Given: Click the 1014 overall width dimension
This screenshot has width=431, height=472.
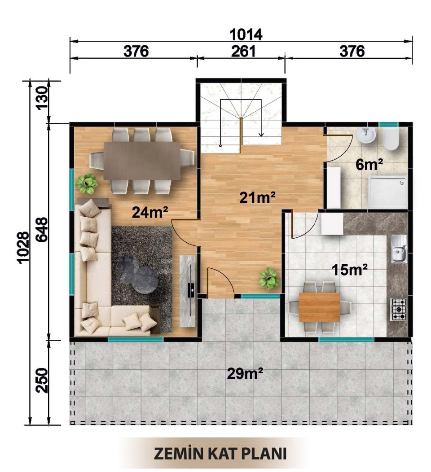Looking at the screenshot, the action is (246, 35).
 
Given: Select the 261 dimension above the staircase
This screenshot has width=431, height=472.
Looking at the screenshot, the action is (243, 51).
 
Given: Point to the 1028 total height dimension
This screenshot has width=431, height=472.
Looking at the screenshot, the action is (23, 248).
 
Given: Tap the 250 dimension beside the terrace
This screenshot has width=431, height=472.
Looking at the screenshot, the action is (42, 380).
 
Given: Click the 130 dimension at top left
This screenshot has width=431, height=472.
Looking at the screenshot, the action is (42, 98).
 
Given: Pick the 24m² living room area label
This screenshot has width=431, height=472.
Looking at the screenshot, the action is (150, 213).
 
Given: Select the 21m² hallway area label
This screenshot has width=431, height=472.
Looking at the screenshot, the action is (258, 198).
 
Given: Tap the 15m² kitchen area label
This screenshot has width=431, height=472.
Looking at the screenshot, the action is (349, 270).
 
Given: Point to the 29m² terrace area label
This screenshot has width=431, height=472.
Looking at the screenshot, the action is (245, 374).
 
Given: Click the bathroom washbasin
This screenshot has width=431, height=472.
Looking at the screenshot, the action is (366, 135).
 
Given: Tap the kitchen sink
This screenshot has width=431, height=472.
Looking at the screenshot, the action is (399, 249).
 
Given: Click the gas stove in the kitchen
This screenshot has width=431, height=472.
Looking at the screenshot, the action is (399, 310).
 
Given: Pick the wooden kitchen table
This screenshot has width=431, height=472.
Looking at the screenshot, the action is (319, 307).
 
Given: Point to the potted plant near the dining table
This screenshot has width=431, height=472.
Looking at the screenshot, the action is (87, 184).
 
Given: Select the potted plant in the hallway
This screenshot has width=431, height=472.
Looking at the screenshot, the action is (268, 279).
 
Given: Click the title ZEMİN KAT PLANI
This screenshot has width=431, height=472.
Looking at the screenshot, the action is (220, 454).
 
